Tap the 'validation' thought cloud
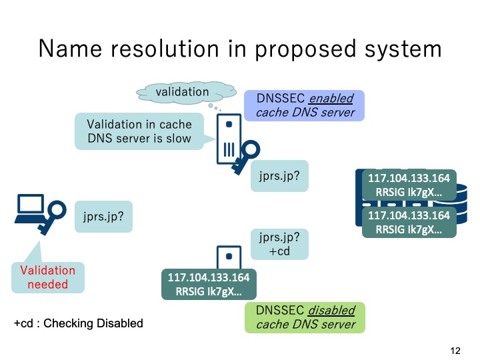[182, 91]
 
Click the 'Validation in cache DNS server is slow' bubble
[139, 131]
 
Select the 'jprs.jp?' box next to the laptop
[103, 217]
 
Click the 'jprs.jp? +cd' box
[279, 244]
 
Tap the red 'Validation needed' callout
[48, 277]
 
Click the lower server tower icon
[227, 257]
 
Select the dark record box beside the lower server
[209, 284]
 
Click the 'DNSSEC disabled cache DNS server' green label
[305, 317]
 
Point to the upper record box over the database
[409, 185]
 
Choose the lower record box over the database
[409, 222]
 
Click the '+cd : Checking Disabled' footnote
[78, 323]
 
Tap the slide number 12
[456, 351]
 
